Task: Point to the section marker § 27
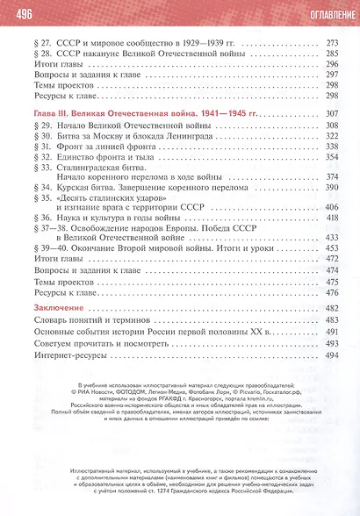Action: pos(41,42)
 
